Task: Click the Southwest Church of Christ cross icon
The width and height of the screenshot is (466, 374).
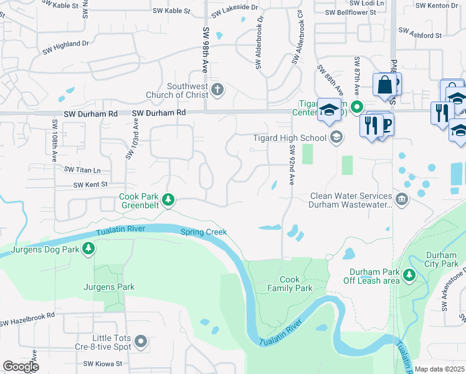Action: [x=216, y=90]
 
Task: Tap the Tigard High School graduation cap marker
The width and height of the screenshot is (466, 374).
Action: [x=336, y=138]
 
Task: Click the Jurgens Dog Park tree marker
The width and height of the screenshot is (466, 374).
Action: [x=89, y=249]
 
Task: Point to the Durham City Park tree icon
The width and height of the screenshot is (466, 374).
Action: [x=409, y=274]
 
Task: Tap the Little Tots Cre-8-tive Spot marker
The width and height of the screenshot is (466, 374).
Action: [x=141, y=341]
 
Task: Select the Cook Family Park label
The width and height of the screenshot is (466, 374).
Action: [x=290, y=284]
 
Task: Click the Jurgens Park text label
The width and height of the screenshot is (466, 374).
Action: [x=109, y=287]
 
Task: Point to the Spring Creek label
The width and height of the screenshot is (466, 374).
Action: [x=203, y=233]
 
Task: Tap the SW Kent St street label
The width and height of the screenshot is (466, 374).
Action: [x=90, y=185]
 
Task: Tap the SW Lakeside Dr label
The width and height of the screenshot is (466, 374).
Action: [x=234, y=10]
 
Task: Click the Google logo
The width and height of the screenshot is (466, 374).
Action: [x=21, y=367]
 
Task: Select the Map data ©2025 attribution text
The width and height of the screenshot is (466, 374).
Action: [x=439, y=370]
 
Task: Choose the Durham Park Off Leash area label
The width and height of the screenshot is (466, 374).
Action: [x=374, y=276]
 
